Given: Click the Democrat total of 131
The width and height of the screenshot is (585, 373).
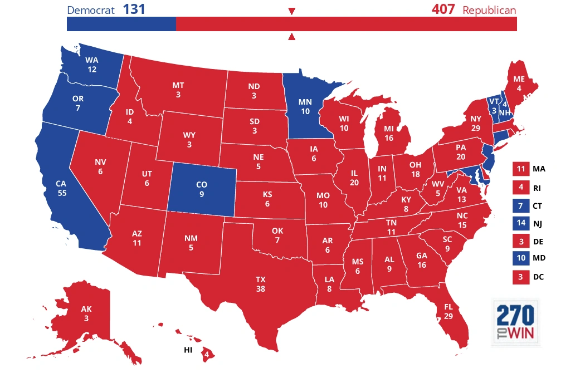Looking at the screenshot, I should (134, 9).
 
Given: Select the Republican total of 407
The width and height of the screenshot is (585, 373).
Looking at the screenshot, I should (443, 9).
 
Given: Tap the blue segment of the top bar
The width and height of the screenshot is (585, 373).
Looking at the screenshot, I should (121, 24).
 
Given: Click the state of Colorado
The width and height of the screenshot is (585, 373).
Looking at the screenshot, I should (202, 189).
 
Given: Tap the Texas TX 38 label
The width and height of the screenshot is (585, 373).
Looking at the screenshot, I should (261, 284).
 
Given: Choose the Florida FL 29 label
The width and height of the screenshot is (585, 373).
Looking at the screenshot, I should (448, 312).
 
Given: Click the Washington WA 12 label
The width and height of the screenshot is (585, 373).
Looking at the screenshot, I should (92, 65).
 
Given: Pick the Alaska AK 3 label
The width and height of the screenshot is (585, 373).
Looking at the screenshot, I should (86, 313).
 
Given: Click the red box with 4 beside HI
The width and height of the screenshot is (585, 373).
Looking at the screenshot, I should (207, 354).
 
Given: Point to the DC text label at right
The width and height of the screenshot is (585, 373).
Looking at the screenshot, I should (538, 277).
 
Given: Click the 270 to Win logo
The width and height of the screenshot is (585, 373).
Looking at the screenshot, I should (515, 322).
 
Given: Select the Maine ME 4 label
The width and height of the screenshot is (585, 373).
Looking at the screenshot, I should (518, 83).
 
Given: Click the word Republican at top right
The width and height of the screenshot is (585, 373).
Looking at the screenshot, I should (489, 10).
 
